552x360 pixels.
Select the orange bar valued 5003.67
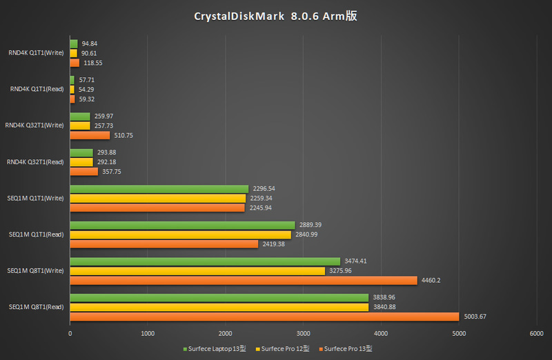tap(264, 317)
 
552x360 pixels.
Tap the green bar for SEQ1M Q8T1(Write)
tap(205, 261)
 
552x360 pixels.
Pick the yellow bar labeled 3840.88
tap(219, 307)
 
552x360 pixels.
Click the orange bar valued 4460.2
tap(244, 280)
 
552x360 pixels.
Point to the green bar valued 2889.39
tap(182, 226)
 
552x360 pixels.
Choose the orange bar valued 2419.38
tap(164, 244)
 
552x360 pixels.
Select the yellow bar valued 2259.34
tap(158, 198)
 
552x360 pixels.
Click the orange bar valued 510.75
tap(90, 135)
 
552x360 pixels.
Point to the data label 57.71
tap(87, 80)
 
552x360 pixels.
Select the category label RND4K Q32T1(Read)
tap(35, 162)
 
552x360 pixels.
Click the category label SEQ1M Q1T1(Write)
tap(36, 198)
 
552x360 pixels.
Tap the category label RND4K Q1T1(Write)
tap(37, 52)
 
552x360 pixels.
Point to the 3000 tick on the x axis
tap(303, 334)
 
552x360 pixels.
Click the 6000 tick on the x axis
tap(536, 334)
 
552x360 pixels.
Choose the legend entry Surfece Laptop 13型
tap(213, 349)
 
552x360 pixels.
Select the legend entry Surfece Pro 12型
tap(282, 349)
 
